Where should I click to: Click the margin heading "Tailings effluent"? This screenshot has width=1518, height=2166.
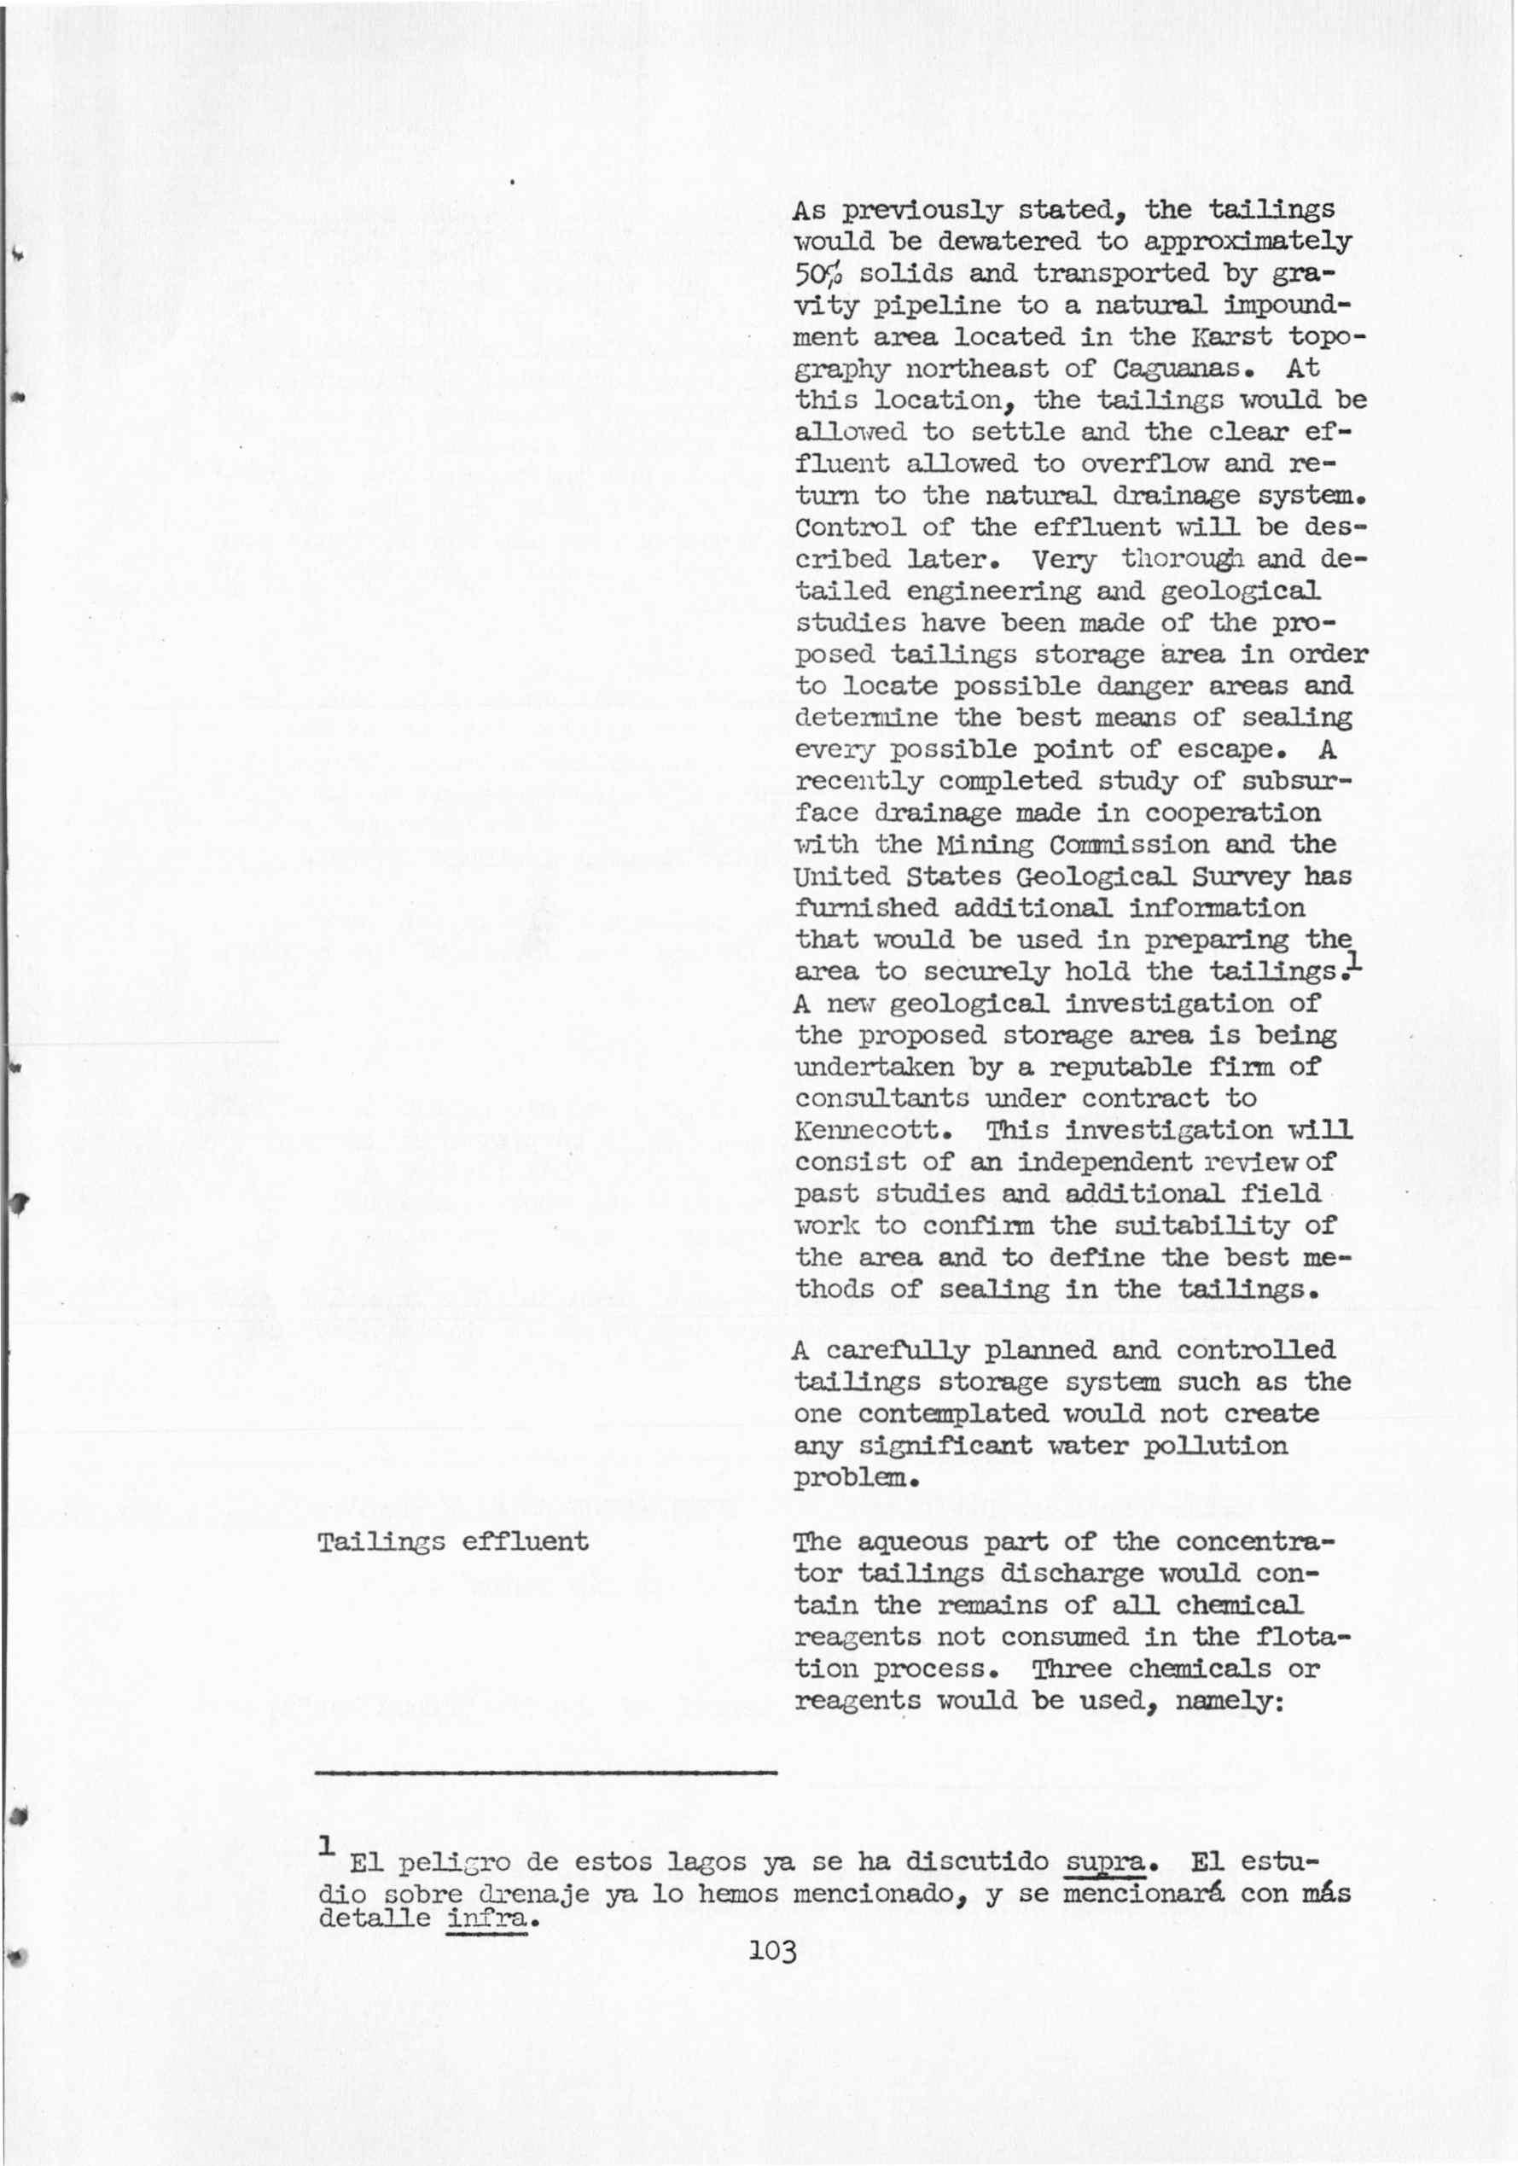(453, 1542)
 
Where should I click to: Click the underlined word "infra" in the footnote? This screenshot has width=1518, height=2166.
(486, 1918)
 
